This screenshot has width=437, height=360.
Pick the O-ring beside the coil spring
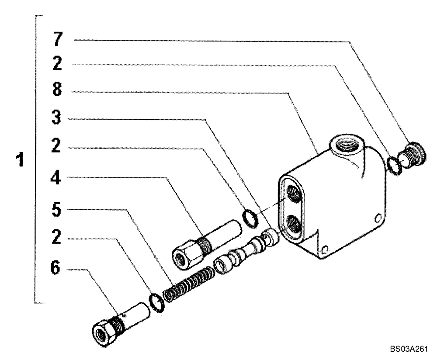(x=156, y=303)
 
